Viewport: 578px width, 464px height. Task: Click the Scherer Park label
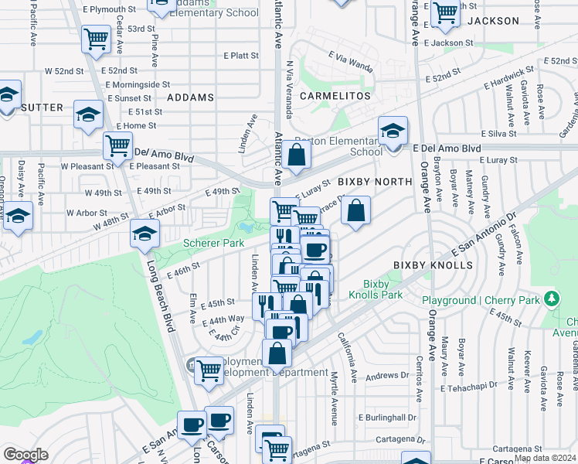(x=213, y=243)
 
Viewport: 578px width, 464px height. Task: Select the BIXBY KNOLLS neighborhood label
(x=433, y=265)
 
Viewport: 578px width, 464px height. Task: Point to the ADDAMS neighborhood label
(x=189, y=97)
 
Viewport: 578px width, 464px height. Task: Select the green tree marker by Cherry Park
(x=551, y=298)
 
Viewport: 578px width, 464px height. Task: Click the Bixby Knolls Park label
(x=376, y=290)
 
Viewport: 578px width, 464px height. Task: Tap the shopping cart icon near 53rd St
(x=96, y=38)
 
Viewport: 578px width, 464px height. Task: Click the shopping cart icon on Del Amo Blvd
(x=117, y=145)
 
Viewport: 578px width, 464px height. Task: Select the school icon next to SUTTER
(x=89, y=115)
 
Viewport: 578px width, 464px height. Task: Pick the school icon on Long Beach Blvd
(x=144, y=232)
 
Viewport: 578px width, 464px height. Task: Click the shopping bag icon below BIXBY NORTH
(x=355, y=210)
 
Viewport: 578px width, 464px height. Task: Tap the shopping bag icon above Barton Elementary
(x=296, y=154)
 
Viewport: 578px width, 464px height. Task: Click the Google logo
(x=25, y=454)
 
